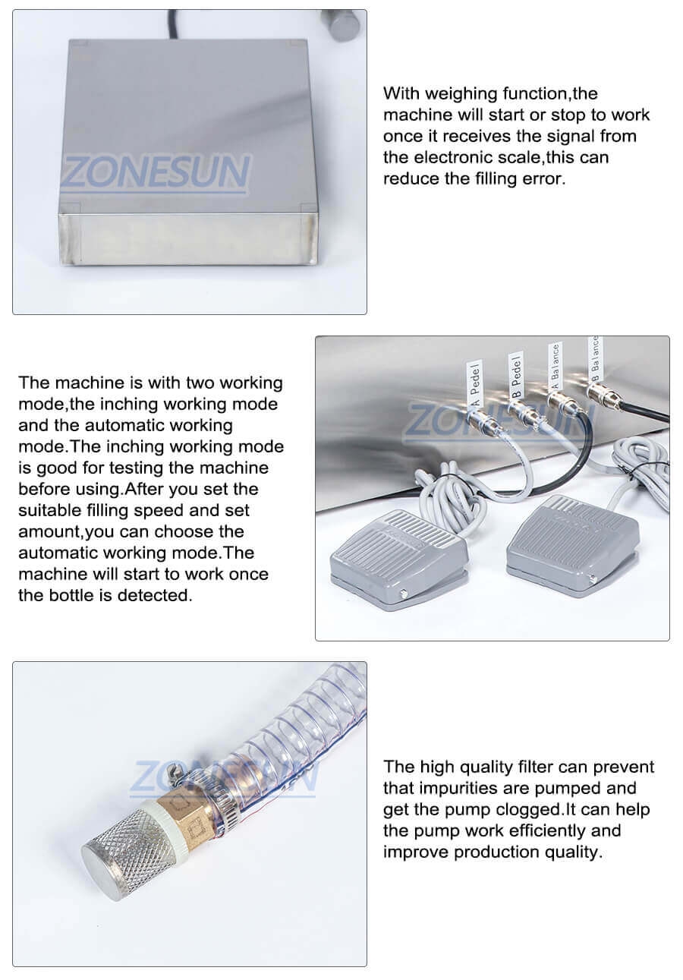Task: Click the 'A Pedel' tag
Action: pos(476,383)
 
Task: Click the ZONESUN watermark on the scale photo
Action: pos(155,172)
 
